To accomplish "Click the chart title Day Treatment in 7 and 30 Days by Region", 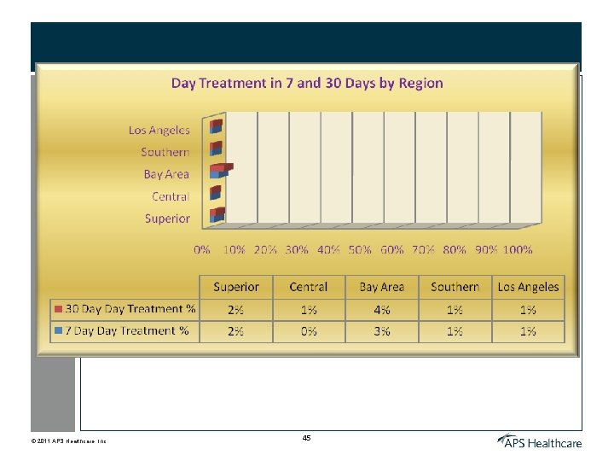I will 307,83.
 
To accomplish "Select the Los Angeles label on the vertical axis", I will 159,130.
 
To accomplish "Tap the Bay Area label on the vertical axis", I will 166,174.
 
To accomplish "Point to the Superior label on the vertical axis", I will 167,219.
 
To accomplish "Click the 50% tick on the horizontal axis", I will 360,250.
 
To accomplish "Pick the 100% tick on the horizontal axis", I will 517,250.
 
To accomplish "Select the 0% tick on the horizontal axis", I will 202,250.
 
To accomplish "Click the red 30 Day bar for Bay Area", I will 226,167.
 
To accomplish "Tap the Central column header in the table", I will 309,287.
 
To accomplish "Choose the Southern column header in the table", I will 455,287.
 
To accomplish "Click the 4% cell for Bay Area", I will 381,309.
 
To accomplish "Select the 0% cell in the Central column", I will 309,331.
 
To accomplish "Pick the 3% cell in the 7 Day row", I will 381,331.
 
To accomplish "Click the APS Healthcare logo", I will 540,441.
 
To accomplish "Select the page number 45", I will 306,438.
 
